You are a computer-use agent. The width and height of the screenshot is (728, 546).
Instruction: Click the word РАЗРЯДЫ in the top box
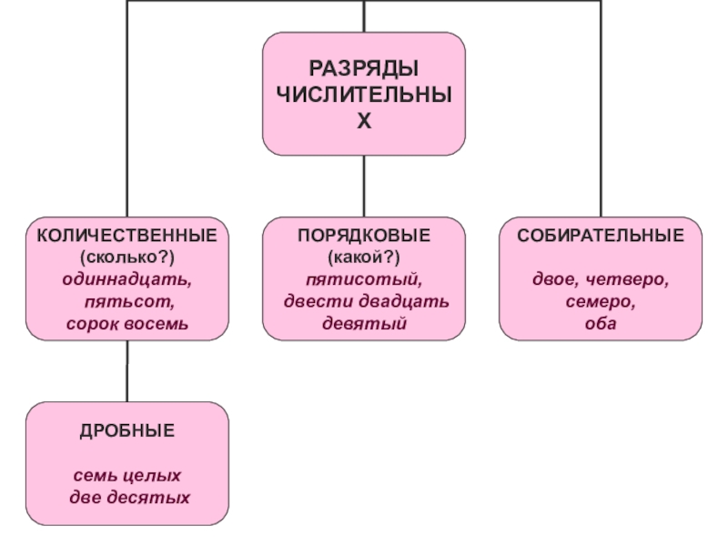364,69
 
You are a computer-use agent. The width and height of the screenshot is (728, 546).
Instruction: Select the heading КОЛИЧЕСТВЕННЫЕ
126,236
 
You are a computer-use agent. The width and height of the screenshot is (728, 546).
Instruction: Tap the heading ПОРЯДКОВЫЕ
364,236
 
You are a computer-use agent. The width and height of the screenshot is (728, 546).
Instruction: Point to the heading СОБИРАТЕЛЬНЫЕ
601,236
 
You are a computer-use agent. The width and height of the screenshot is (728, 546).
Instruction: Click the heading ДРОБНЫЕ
126,430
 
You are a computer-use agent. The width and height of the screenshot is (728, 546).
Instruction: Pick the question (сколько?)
126,258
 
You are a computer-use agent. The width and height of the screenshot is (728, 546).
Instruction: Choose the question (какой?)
364,258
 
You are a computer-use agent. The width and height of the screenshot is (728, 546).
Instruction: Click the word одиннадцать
126,279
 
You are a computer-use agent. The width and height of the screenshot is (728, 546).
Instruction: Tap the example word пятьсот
126,301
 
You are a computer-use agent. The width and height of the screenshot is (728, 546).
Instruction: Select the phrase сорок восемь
126,323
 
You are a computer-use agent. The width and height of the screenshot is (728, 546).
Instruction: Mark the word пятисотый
364,279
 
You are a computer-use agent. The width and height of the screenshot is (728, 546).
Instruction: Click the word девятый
364,323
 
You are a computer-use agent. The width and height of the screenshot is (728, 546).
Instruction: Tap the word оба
601,323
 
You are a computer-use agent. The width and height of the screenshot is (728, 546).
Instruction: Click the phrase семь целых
126,476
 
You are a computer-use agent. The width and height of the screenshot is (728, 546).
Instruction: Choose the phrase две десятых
128,498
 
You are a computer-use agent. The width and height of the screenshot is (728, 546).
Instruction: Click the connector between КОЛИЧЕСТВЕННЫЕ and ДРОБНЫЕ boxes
126,371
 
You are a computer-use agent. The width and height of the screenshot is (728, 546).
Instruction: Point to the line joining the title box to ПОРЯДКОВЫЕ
364,186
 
